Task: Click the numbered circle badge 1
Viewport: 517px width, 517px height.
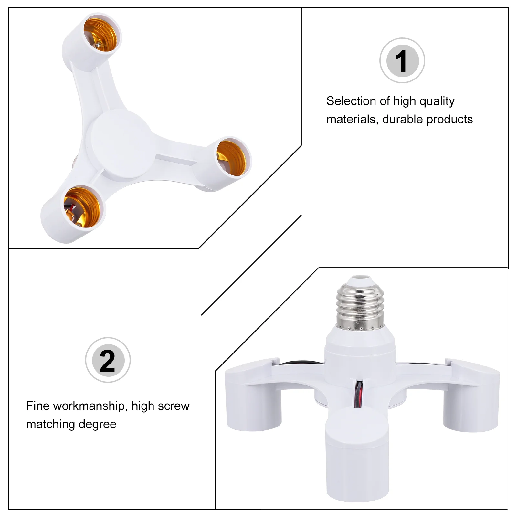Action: pyautogui.click(x=402, y=60)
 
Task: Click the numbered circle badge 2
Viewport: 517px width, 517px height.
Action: pyautogui.click(x=108, y=360)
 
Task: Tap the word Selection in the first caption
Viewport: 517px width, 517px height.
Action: pyautogui.click(x=351, y=101)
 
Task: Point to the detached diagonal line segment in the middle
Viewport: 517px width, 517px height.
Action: pyautogui.click(x=251, y=265)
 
